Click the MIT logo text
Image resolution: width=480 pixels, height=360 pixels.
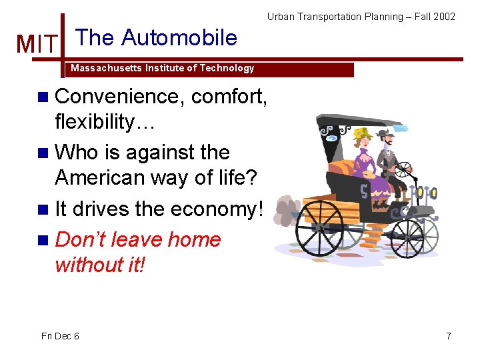coord(37,44)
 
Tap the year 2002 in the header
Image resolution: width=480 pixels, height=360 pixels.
coord(444,17)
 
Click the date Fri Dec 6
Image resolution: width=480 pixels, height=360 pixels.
coord(60,336)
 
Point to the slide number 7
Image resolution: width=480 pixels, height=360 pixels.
coord(449,336)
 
